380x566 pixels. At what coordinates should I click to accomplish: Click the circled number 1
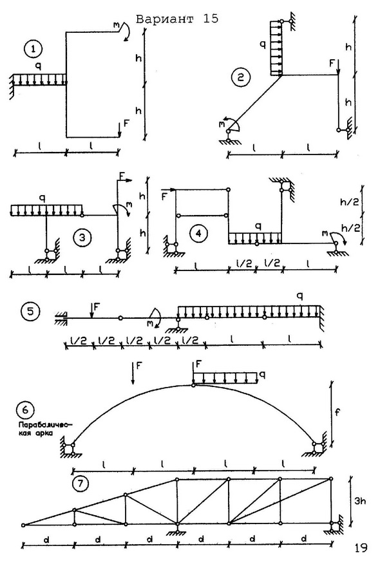(x=33, y=49)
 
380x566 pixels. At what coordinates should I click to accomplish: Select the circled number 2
(x=241, y=77)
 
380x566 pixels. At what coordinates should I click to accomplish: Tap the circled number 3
(x=82, y=238)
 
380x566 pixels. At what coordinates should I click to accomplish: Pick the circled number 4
(x=198, y=234)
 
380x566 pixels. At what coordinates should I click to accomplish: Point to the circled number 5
(x=30, y=311)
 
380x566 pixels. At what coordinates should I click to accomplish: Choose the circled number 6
(x=25, y=410)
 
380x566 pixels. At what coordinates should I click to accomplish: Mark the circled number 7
(x=81, y=484)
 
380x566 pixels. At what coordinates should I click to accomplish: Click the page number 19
(x=360, y=548)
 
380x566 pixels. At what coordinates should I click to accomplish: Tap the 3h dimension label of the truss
(x=359, y=501)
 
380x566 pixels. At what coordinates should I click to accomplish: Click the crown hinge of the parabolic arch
(x=193, y=386)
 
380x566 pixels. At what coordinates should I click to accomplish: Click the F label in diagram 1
(x=126, y=123)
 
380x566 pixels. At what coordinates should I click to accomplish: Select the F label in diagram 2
(x=332, y=64)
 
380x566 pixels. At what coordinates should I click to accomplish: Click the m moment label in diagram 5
(x=150, y=323)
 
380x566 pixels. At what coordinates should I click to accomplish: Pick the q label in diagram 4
(x=258, y=226)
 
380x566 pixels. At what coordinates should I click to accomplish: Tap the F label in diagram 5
(x=97, y=307)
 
